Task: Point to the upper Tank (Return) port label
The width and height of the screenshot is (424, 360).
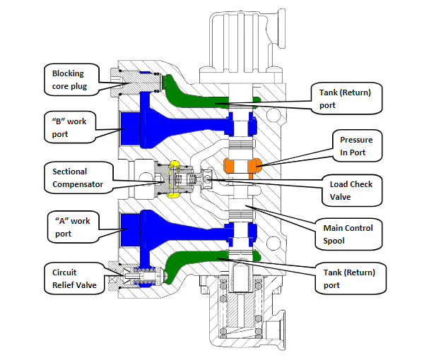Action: pos(346,97)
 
